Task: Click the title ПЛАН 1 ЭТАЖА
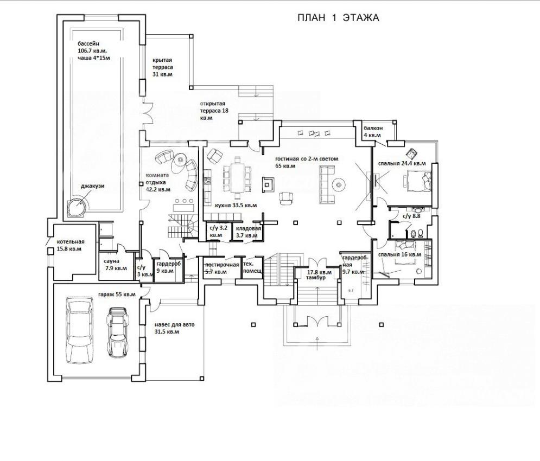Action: pos(338,18)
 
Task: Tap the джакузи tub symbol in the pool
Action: pos(77,207)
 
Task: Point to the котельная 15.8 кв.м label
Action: pos(71,245)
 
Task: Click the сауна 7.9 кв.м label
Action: pos(115,265)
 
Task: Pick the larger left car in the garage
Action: pos(80,330)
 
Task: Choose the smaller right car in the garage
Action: pos(118,332)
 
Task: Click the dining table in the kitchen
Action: pos(237,178)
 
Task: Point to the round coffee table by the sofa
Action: pos(339,185)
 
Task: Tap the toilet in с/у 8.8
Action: pos(420,234)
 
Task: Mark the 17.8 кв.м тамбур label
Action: pos(319,275)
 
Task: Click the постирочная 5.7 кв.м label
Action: pos(222,268)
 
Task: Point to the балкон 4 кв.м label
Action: pos(373,131)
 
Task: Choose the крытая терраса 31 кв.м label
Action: pos(163,67)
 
